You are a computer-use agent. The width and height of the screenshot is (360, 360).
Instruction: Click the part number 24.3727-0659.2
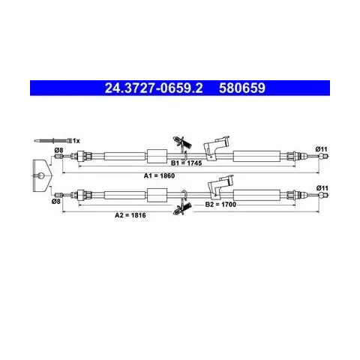coord(154,88)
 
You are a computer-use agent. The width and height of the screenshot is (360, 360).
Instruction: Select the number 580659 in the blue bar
coord(242,88)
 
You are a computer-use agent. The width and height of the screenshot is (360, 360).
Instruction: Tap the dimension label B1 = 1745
coord(186,163)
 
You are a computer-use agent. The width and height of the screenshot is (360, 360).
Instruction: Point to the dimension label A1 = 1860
coord(159,175)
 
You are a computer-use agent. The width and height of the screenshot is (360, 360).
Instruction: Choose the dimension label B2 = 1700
coord(220,205)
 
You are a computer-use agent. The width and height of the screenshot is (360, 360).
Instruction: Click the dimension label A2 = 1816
coord(130,215)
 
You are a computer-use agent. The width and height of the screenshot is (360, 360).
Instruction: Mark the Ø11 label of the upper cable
coord(321,149)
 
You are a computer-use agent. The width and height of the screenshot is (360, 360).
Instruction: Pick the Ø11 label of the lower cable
coord(322,188)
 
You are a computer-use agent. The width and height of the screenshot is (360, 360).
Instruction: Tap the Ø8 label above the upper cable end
coord(58,150)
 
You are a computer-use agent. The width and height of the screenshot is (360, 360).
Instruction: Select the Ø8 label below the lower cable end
coord(56,201)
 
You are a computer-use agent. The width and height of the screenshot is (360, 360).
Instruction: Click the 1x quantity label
coord(76,141)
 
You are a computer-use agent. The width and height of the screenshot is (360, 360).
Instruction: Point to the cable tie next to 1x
coord(53,140)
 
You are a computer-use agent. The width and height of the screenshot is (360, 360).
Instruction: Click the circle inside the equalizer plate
coord(41,175)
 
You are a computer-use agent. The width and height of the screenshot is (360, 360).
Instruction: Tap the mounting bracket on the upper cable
coord(216,147)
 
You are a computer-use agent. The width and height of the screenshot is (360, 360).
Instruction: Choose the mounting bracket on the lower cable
coord(220,185)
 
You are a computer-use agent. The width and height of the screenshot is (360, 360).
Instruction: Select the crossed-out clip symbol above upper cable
coord(183,143)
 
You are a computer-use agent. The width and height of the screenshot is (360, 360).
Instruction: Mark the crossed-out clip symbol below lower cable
coord(183,208)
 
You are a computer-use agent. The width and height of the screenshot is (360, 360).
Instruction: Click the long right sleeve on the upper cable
coord(256,156)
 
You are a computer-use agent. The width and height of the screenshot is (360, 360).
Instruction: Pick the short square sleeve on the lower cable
coord(157,195)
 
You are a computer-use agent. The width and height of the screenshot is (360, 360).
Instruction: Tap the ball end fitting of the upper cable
coord(323,156)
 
